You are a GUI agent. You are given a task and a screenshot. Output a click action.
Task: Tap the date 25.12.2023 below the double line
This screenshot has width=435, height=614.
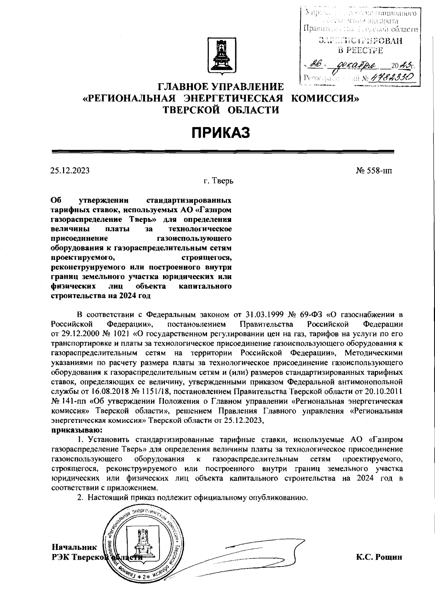[x=70, y=171]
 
